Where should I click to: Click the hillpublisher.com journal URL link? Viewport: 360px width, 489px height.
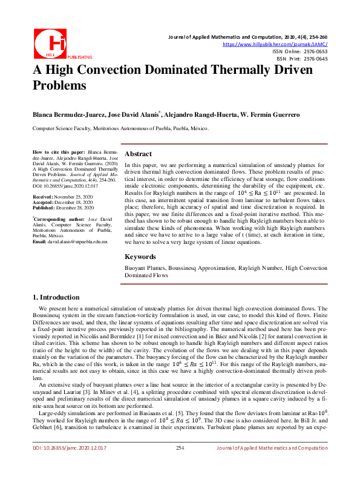tap(276, 44)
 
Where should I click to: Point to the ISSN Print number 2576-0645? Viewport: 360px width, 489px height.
tap(315, 59)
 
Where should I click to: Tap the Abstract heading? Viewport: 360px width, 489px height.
tap(138, 154)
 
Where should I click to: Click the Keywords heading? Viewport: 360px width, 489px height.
tap(140, 256)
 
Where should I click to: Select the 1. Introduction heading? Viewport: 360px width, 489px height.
tap(56, 297)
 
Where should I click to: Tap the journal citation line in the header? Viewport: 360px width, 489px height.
tap(247, 38)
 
